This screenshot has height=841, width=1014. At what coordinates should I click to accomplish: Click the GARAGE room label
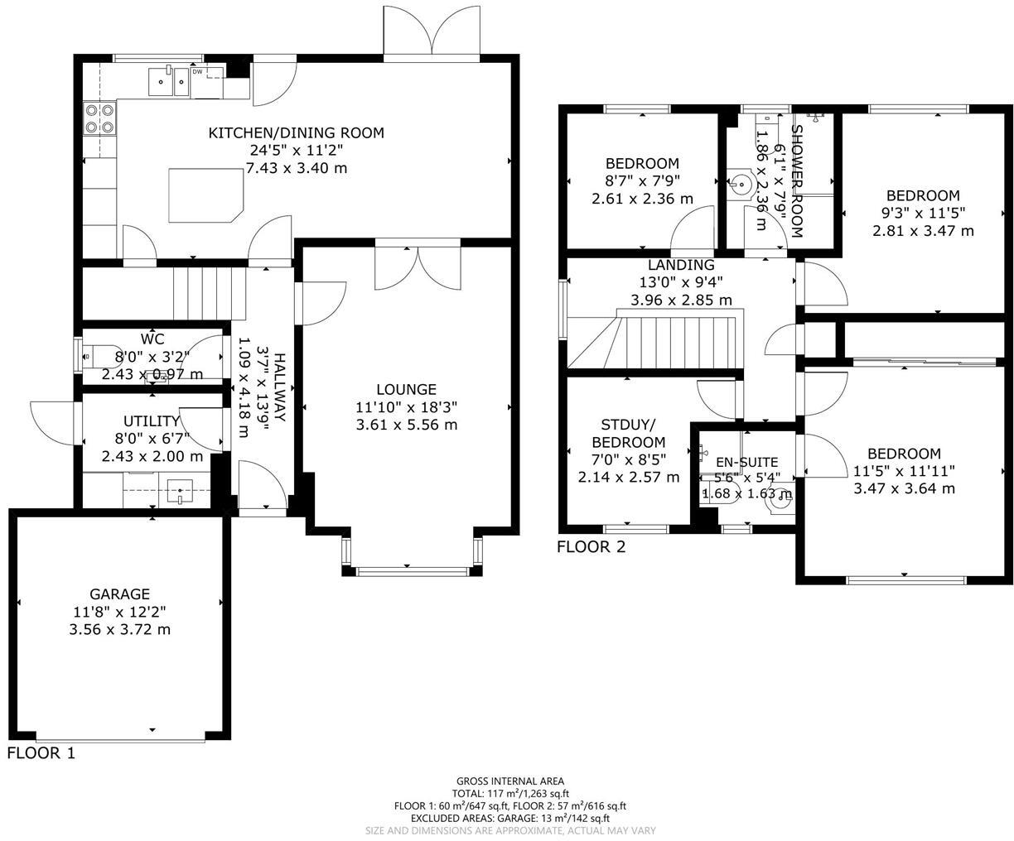pyautogui.click(x=120, y=594)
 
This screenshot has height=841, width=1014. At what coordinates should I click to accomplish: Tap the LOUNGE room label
pyautogui.click(x=406, y=389)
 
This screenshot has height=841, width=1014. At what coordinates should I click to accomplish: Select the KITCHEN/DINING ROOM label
pyautogui.click(x=296, y=132)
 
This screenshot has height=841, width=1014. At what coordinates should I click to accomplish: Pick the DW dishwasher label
pyautogui.click(x=197, y=72)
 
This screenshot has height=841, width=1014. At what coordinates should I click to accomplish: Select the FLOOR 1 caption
pyautogui.click(x=41, y=753)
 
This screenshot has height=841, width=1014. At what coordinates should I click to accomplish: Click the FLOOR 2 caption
pyautogui.click(x=591, y=546)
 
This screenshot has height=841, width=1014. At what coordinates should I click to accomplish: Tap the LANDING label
pyautogui.click(x=681, y=265)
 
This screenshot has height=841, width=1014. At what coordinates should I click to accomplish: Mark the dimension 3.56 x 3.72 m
pyautogui.click(x=120, y=629)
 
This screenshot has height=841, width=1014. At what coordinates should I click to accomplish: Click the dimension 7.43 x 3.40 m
pyautogui.click(x=296, y=168)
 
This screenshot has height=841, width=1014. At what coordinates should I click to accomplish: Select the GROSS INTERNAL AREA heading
pyautogui.click(x=510, y=781)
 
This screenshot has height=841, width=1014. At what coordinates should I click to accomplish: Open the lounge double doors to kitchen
pyautogui.click(x=418, y=265)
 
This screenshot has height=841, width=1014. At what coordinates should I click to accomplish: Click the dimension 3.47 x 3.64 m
pyautogui.click(x=904, y=488)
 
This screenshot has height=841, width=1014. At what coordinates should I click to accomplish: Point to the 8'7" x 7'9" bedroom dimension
pyautogui.click(x=642, y=181)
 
